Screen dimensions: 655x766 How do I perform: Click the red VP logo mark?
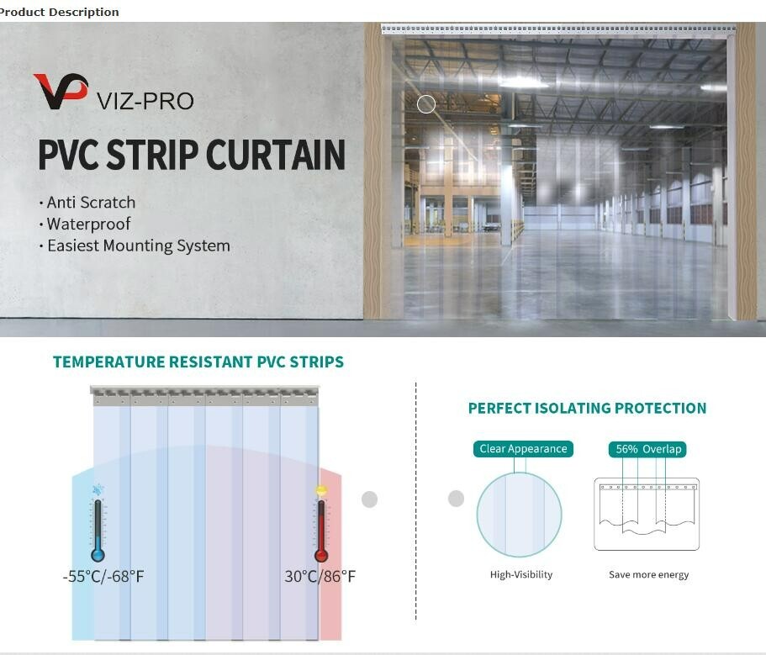61,91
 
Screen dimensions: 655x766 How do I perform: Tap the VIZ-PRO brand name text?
145,102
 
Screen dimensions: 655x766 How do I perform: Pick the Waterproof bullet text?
88,224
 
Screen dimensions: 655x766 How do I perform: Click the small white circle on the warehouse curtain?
426,104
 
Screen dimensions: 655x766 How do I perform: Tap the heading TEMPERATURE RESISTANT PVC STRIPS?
198,362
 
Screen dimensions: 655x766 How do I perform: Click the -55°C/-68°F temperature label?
103,577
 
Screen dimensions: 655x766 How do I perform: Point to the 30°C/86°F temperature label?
320,577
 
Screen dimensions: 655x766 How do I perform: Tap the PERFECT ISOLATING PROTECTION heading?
587,409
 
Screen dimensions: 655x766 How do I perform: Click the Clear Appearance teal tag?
523,449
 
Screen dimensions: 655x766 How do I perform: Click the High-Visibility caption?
521,575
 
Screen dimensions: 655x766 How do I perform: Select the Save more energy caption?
648,575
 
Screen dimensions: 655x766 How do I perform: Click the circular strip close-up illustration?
519,514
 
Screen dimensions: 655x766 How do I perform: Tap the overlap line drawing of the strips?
647,514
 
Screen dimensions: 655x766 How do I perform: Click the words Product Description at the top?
60,12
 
